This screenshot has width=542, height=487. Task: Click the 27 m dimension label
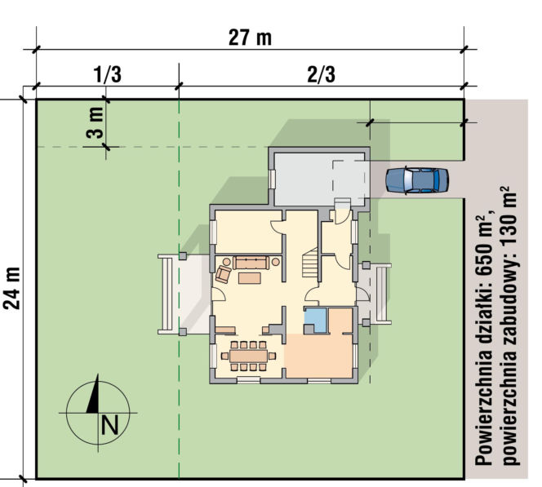(250, 38)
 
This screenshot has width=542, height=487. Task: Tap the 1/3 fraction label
(108, 74)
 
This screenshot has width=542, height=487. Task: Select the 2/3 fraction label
(321, 74)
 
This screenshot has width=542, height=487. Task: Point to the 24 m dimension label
(12, 288)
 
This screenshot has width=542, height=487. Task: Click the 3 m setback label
(95, 122)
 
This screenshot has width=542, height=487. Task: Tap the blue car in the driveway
(417, 180)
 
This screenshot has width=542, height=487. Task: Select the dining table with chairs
(249, 356)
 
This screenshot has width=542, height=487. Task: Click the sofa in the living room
(251, 263)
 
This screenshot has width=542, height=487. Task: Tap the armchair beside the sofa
(223, 275)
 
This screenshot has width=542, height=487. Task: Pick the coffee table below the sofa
(250, 278)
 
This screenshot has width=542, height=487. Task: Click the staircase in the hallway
(310, 263)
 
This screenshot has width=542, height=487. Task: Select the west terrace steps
(167, 294)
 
